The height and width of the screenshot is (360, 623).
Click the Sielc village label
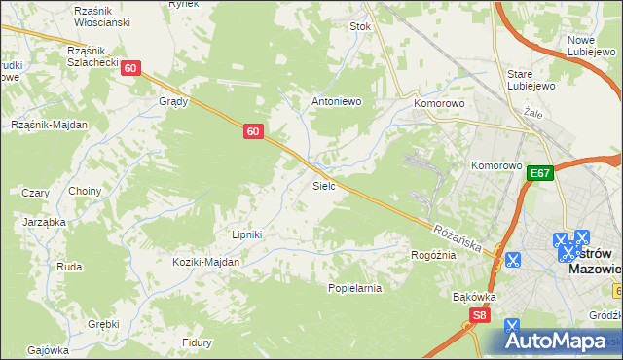coord(324,185)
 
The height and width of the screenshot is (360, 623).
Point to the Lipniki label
coord(246,234)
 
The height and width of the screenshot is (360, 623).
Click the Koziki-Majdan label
coord(205,262)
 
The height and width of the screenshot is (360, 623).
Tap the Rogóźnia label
coord(434,255)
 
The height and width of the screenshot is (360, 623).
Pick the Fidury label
coord(197,342)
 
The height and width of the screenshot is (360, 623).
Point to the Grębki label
coord(102,323)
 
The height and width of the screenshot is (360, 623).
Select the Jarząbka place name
coord(44,222)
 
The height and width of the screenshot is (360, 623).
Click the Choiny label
coord(85,191)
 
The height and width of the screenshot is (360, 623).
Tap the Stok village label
coord(360,27)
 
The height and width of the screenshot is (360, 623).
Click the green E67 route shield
coord(541,173)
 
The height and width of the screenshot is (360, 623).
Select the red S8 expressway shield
coord(478,315)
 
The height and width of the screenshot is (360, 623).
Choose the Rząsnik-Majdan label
coord(50,125)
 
